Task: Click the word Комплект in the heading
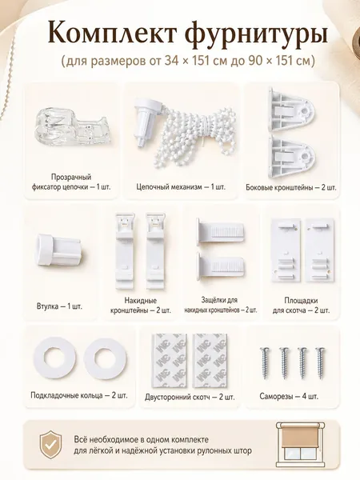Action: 112,32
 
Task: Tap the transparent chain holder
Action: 72,127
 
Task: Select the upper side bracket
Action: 291,109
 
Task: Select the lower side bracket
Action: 291,156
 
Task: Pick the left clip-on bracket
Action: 126,251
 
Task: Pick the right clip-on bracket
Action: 155,251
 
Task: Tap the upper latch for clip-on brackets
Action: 220,231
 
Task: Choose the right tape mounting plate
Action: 319,250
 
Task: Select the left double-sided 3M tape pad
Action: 170,360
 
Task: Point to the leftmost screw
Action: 265,362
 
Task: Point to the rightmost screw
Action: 321,362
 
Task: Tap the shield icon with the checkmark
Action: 51,445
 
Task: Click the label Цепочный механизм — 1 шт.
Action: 181,186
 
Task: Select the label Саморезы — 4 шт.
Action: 289,397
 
